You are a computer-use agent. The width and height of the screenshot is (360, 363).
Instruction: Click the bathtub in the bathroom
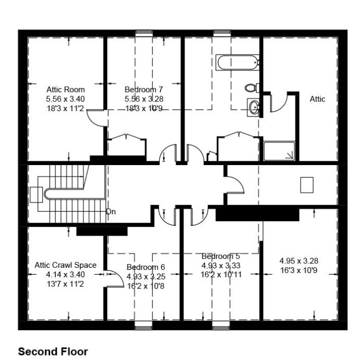[x=237, y=62]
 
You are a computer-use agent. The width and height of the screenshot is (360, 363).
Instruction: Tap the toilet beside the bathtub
[x=252, y=88]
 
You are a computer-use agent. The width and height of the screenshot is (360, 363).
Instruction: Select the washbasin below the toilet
[x=253, y=107]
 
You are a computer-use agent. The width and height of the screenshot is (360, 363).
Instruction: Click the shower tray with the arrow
[x=279, y=151]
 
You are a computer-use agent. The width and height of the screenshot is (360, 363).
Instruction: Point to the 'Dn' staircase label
[x=111, y=212]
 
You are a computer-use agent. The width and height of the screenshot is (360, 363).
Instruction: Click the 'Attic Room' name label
[x=66, y=89]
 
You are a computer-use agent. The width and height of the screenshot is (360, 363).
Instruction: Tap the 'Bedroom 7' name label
[x=144, y=89]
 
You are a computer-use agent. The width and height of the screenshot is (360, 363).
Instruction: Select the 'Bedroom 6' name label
[x=146, y=267]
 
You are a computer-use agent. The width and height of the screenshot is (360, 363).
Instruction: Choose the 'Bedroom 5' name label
[x=221, y=256]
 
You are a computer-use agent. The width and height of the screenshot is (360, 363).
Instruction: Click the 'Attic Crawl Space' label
[x=66, y=265]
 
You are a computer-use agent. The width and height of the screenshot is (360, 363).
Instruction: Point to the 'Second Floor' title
[x=53, y=352]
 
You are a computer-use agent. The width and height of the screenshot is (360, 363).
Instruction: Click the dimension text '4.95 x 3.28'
[x=299, y=261]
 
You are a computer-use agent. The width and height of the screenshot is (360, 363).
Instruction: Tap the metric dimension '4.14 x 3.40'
[x=66, y=275]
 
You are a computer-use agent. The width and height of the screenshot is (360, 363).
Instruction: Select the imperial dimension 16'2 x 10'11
[x=221, y=275]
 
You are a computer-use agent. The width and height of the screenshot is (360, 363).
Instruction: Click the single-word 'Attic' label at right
[x=317, y=99]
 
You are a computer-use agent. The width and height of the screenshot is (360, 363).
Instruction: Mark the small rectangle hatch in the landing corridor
[x=307, y=185]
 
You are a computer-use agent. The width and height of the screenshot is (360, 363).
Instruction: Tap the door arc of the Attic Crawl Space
[x=118, y=277]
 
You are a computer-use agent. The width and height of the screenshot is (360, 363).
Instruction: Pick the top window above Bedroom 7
[x=144, y=33]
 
